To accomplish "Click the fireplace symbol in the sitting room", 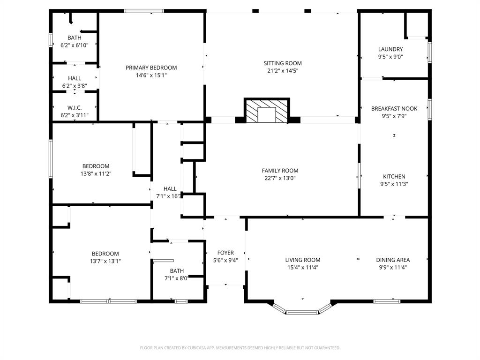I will pos(267,112).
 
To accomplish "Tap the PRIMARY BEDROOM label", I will pos(151,68).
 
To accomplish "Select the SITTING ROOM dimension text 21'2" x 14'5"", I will pos(282,71).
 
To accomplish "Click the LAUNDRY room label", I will pos(390,49).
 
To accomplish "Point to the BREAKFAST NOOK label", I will pos(394,109).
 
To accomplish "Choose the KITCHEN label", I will pos(394,177).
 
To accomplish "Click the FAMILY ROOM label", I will pos(280,171).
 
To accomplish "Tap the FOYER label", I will pos(225,253).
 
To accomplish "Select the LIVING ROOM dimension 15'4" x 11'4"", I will pos(303,268).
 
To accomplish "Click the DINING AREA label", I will pos(393,260).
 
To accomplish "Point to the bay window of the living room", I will pos(302,311).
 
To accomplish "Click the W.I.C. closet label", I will pos(75,108).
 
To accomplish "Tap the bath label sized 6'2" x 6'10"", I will pos(74,38).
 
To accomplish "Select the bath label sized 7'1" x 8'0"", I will pos(177,271).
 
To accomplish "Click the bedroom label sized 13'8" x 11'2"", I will pos(96,166).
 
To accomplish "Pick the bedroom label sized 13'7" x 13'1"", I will pos(105,254).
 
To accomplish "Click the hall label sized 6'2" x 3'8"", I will pos(74,78).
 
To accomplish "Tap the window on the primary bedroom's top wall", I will pos(144,11).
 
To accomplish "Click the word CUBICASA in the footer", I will pos(193,348).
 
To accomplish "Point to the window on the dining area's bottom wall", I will pos(387,301).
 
